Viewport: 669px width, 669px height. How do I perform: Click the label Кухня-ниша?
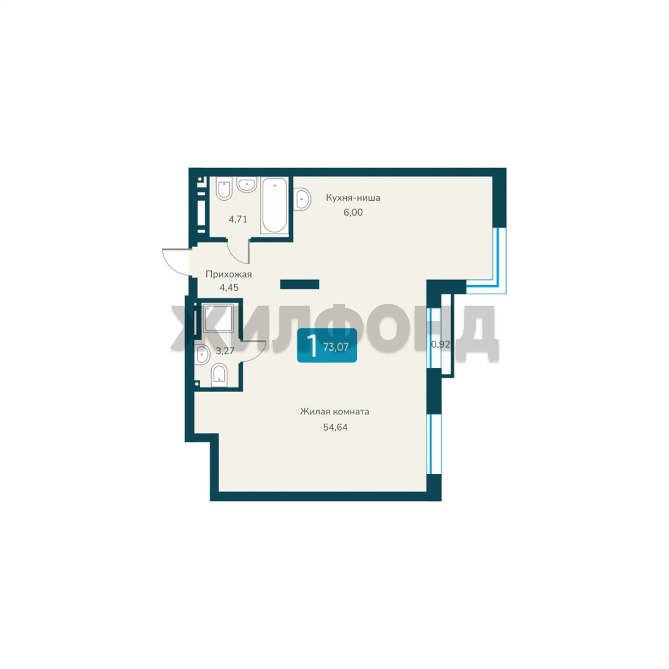point(353,198)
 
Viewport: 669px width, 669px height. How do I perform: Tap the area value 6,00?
point(353,212)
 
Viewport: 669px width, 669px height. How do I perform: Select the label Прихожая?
point(229,274)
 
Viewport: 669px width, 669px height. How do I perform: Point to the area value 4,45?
point(229,287)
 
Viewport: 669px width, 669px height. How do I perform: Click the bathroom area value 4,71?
point(238,220)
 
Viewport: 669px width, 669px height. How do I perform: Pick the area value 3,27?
point(225,351)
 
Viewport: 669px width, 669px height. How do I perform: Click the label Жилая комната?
point(334,412)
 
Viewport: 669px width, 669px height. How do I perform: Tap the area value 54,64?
point(335,427)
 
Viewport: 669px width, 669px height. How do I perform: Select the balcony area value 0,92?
point(440,344)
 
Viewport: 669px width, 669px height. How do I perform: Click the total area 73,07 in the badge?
point(336,347)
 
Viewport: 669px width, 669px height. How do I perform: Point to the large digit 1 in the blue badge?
point(313,346)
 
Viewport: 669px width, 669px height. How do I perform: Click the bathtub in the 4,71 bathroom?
point(274,205)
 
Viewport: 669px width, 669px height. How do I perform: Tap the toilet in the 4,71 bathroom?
point(224,188)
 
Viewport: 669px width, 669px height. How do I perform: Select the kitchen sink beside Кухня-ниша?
point(302,198)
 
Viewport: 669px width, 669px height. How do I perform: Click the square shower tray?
point(219,318)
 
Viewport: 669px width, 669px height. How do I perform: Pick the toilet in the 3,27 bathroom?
point(219,375)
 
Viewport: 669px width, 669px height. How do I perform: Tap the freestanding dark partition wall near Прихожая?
point(300,284)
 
